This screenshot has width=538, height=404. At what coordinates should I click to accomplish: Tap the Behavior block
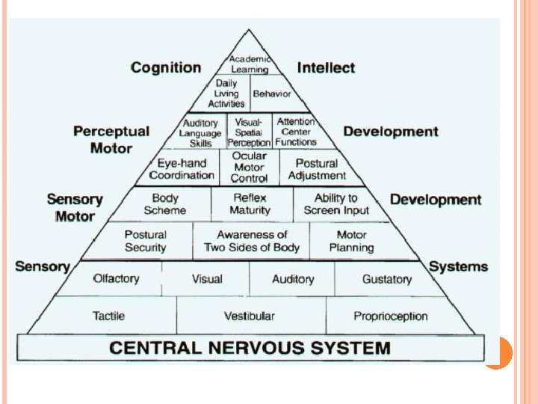(271, 94)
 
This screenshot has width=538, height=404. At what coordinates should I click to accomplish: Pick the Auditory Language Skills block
(200, 132)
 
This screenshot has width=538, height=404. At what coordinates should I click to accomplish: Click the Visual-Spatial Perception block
(249, 132)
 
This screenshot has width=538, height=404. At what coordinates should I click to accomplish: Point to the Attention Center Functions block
(296, 132)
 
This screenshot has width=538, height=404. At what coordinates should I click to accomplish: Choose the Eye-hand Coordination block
(182, 169)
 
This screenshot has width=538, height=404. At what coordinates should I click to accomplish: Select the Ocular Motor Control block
(249, 168)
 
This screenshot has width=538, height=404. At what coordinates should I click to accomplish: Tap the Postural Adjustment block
(317, 169)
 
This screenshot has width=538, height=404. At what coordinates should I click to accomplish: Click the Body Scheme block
(165, 204)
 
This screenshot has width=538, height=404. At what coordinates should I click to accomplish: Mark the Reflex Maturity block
(251, 204)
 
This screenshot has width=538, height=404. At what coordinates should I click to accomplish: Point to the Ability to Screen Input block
(336, 204)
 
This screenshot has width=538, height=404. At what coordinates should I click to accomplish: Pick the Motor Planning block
(351, 241)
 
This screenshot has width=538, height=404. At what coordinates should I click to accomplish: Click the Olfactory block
(116, 278)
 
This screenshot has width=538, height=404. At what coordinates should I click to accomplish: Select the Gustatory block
(386, 279)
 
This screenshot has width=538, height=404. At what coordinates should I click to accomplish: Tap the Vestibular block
(250, 316)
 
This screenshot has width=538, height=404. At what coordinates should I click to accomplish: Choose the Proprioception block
(390, 316)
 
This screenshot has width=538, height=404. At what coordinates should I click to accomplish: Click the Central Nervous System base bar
(250, 348)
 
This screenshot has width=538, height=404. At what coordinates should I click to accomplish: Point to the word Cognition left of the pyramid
(166, 68)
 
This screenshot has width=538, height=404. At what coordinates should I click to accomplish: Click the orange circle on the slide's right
(497, 352)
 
